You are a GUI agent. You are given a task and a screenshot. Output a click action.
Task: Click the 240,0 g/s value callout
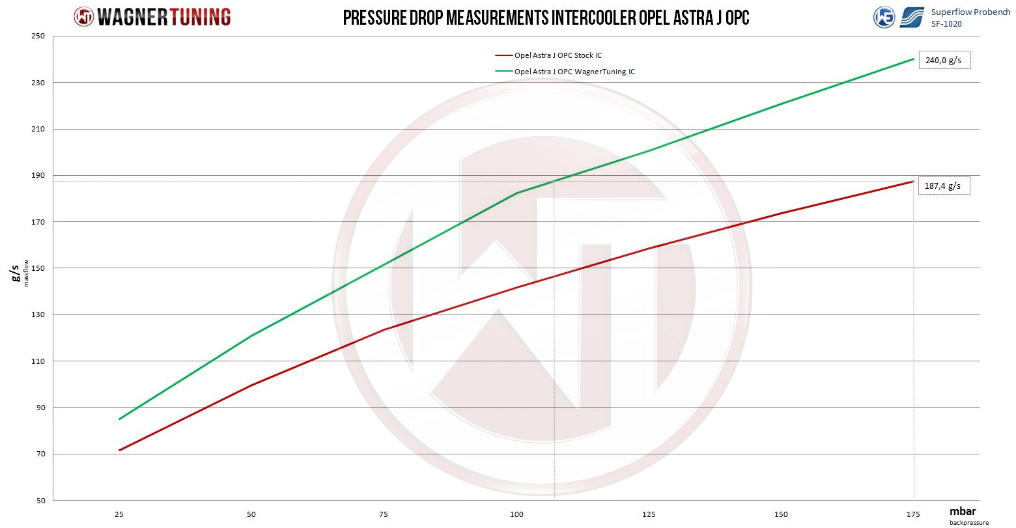pos(944,61)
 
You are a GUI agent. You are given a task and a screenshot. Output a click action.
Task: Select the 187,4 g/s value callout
pos(944,187)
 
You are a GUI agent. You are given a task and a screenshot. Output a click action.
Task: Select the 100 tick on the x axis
pos(517,514)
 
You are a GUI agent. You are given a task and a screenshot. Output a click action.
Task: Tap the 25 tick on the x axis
pos(119,514)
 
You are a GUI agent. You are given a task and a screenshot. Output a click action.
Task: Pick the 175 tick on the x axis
pos(914,514)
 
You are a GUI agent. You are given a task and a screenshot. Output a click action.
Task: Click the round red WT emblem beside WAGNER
pos(84,17)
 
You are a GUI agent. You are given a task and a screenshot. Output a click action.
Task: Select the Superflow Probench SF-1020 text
pos(970,18)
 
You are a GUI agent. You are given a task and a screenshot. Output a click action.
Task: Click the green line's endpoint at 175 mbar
pos(914,59)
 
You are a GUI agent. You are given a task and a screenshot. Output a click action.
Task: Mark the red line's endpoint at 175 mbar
pos(914,181)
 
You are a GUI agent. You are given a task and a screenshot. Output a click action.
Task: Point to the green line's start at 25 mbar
pos(119,419)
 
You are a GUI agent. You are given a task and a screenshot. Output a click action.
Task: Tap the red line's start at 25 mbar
pos(119,451)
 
